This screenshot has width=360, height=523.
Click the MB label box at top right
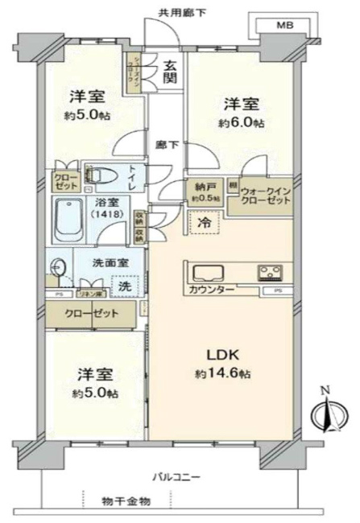click(285, 24)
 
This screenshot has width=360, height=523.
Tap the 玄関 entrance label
click(171, 74)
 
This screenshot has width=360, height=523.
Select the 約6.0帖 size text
click(241, 123)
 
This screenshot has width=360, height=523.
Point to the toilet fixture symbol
click(101, 175)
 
